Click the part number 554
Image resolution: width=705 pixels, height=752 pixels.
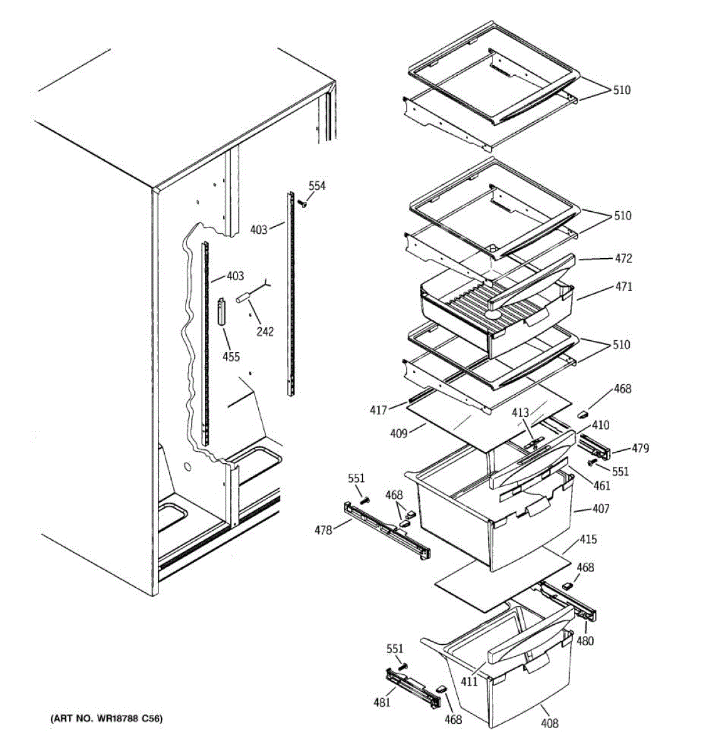pos(317,186)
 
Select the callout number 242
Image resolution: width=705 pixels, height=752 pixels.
pos(265,332)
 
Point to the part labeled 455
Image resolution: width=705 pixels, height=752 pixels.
pos(221,311)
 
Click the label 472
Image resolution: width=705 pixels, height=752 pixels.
pos(624,258)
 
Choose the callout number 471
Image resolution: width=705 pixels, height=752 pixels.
pos(624,287)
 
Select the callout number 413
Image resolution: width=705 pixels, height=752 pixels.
pos(521,413)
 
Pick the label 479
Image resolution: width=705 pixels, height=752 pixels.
pos(640,448)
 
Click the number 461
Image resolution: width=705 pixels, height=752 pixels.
pos(602,485)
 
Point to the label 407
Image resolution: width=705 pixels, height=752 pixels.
pos(600,509)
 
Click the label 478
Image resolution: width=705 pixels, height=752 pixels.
pos(323,531)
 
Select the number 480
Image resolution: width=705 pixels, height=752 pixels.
pos(585,640)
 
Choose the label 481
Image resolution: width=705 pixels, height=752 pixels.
pos(382,702)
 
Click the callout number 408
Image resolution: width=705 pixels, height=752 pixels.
pos(550,723)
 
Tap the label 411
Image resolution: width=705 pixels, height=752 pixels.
pos(469,681)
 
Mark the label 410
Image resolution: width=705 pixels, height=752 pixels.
pos(600,426)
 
